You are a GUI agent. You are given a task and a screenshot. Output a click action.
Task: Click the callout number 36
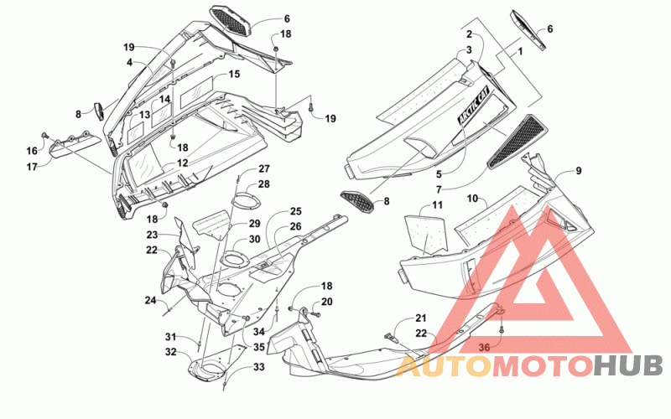484,348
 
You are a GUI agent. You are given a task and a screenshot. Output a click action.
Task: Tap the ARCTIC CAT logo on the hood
475,107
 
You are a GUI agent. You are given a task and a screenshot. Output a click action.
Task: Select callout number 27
264,169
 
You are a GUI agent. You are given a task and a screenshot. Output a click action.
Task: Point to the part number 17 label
32,167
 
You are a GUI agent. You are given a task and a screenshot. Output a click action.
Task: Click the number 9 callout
578,171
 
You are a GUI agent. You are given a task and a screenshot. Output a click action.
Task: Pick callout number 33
259,367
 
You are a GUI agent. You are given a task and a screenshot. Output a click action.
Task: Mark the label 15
234,74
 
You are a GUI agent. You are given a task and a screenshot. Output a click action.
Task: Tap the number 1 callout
520,52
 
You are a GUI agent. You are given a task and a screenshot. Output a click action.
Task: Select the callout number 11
437,205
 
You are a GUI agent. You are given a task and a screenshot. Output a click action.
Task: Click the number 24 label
150,301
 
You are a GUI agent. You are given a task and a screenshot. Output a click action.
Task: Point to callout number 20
326,302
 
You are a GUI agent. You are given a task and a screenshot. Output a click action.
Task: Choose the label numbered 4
129,63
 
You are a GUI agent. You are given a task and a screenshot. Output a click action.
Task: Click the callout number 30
255,239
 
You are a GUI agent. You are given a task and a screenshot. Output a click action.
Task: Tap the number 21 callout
421,318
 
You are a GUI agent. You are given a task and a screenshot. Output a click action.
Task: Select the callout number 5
439,174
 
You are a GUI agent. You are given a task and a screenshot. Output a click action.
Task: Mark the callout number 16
32,151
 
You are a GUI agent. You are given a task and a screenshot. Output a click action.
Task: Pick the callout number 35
259,347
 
